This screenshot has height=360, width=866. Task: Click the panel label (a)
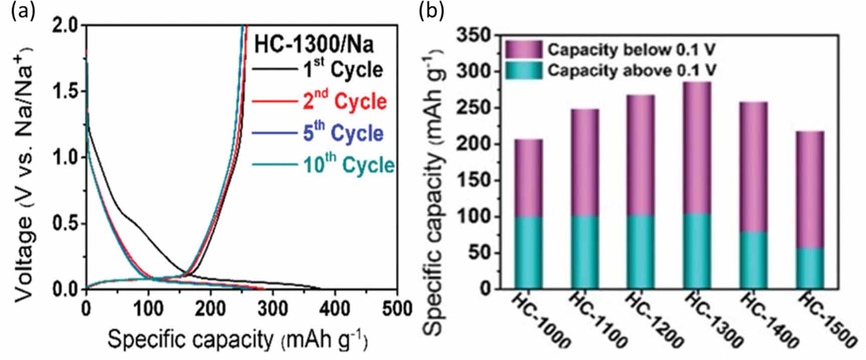(23, 12)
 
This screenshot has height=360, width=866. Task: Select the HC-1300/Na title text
(314, 44)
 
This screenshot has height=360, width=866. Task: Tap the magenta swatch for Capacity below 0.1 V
(523, 50)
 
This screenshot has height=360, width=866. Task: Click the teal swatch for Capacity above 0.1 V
(523, 70)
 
